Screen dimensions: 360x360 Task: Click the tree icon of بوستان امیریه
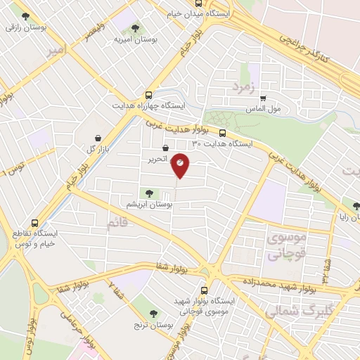click(x=135, y=29)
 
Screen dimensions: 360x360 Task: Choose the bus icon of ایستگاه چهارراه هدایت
click(x=148, y=96)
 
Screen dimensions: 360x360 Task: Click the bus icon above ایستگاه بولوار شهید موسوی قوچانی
click(x=205, y=290)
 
